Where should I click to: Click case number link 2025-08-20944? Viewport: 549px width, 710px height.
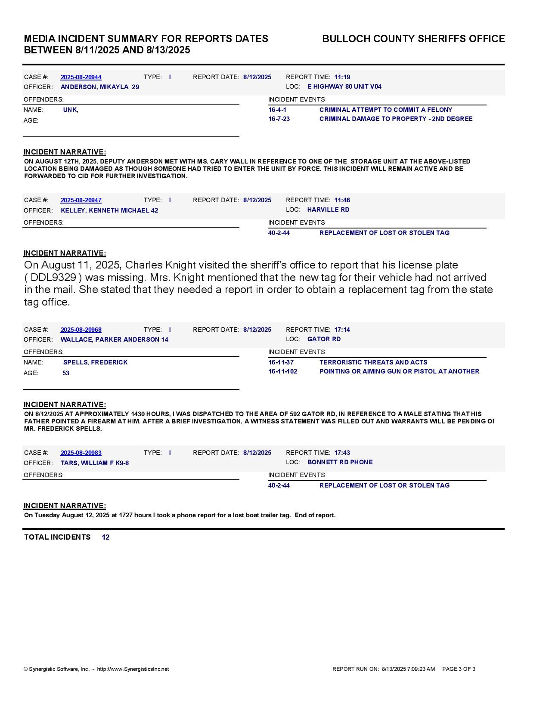click(x=81, y=77)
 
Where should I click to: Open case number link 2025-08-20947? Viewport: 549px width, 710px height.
click(x=81, y=201)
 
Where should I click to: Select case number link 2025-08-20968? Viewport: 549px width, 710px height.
click(x=81, y=330)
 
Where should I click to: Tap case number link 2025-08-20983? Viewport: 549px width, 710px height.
click(x=81, y=453)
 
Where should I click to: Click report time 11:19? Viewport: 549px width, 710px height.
click(x=342, y=77)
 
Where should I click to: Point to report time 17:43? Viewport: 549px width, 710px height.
click(x=342, y=453)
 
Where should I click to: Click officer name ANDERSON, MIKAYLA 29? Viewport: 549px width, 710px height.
click(x=99, y=87)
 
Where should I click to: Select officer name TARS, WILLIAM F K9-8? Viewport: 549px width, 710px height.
click(x=95, y=463)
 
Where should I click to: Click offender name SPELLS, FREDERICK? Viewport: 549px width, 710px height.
click(x=95, y=363)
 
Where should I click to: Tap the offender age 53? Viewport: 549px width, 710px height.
click(x=66, y=374)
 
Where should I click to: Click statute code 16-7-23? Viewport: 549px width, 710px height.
click(x=279, y=119)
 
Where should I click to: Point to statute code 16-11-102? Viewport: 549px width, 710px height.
click(x=282, y=372)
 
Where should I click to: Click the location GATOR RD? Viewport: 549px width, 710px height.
click(x=324, y=340)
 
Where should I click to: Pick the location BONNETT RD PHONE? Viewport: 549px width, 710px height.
click(x=340, y=463)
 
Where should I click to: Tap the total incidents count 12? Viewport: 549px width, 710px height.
click(x=105, y=537)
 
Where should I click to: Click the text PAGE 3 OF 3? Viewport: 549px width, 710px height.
click(x=459, y=669)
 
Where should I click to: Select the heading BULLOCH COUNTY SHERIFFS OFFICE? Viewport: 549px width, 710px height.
click(x=413, y=39)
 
